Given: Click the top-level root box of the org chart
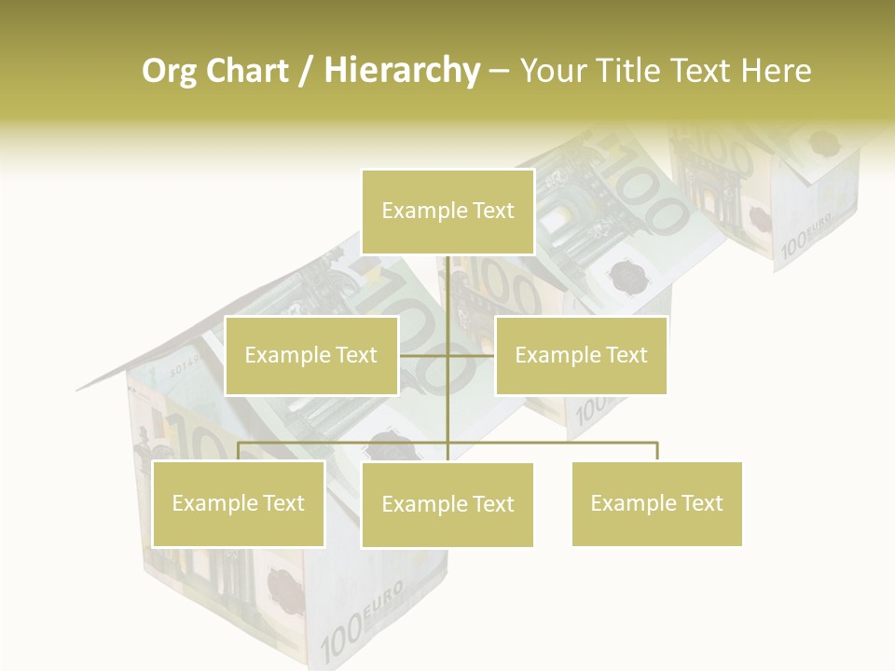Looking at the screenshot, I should pos(447,212).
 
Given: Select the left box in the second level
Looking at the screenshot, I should pos(311,355).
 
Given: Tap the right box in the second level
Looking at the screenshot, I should pos(581,355).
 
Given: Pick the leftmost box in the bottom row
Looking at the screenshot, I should pos(238,503).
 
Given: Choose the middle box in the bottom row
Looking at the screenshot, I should pos(447,504).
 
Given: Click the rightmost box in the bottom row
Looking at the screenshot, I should pos(656,503).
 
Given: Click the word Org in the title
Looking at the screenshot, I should pos(169,71).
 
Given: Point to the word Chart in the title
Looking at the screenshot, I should pos(247,71).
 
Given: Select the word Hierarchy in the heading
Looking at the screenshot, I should pos(401,71).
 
